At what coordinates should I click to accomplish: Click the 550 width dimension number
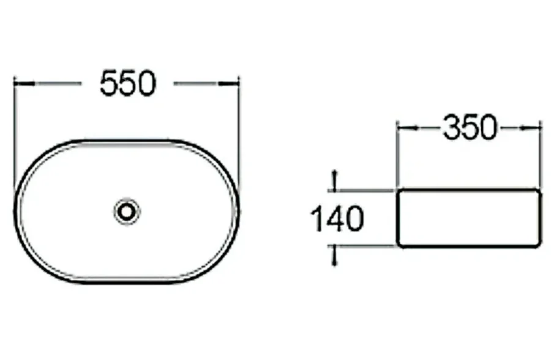tap(128, 83)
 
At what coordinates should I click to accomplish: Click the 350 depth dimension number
tap(470, 128)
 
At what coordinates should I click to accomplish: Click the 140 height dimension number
tap(337, 219)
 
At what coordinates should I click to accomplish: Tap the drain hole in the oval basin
tap(127, 212)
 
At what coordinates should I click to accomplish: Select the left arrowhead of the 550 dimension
tap(19, 83)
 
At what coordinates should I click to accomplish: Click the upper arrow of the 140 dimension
tap(334, 178)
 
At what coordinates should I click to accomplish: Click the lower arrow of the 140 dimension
tap(334, 259)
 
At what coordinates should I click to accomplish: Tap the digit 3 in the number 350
tap(451, 128)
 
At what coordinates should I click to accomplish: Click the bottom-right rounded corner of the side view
tap(538, 244)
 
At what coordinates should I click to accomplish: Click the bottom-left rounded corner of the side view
tap(400, 244)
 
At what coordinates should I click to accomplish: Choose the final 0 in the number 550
tap(146, 83)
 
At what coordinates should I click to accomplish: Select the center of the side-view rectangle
tap(470, 219)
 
